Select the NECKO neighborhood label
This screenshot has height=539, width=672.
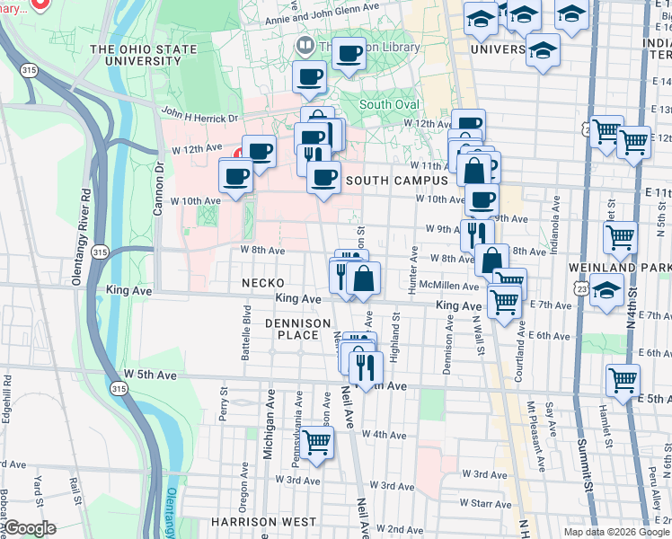tap(263, 282)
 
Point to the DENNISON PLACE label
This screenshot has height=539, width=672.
tap(292, 328)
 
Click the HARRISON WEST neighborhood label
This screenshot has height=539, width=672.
tap(263, 521)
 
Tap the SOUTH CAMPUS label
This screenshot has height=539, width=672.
tap(392, 181)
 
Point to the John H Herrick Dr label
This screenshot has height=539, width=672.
tap(199, 117)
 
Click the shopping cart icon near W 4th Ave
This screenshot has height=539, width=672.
tap(316, 442)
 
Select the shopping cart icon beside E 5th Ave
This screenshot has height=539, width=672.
tap(623, 379)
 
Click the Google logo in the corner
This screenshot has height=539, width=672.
tap(30, 528)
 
